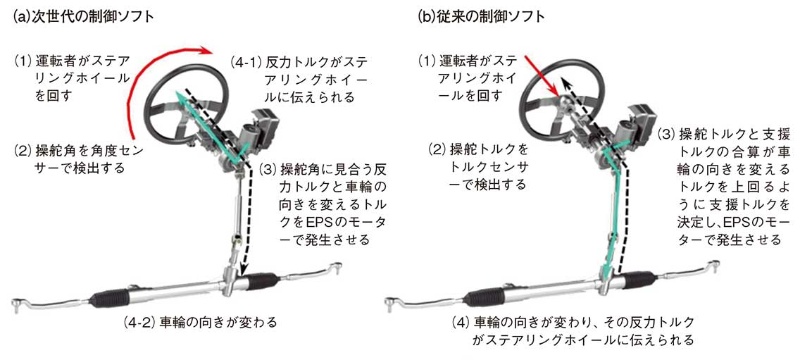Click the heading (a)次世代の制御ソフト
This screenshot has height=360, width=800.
coord(83,16)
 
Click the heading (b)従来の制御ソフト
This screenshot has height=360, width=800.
coord(482,16)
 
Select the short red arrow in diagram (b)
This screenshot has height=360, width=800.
coord(545,78)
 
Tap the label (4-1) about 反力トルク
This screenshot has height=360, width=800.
coord(298,80)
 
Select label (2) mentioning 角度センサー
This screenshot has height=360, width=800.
coord(74,159)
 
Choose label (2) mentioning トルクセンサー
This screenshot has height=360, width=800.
coord(477,166)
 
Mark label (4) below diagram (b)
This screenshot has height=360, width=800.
coord(574,330)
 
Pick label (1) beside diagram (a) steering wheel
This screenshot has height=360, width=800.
coord(71,80)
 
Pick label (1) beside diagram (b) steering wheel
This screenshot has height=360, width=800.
coord(468,80)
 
